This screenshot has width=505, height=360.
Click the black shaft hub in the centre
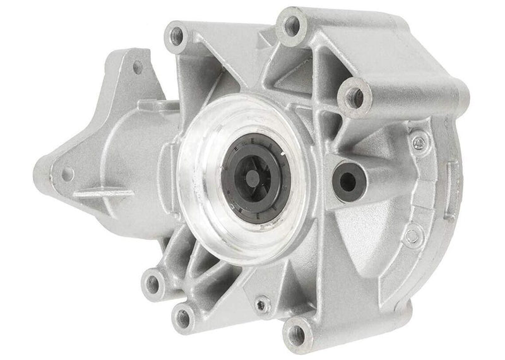pyautogui.click(x=251, y=181)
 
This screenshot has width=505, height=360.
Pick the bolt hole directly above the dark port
pyautogui.click(x=355, y=97)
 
